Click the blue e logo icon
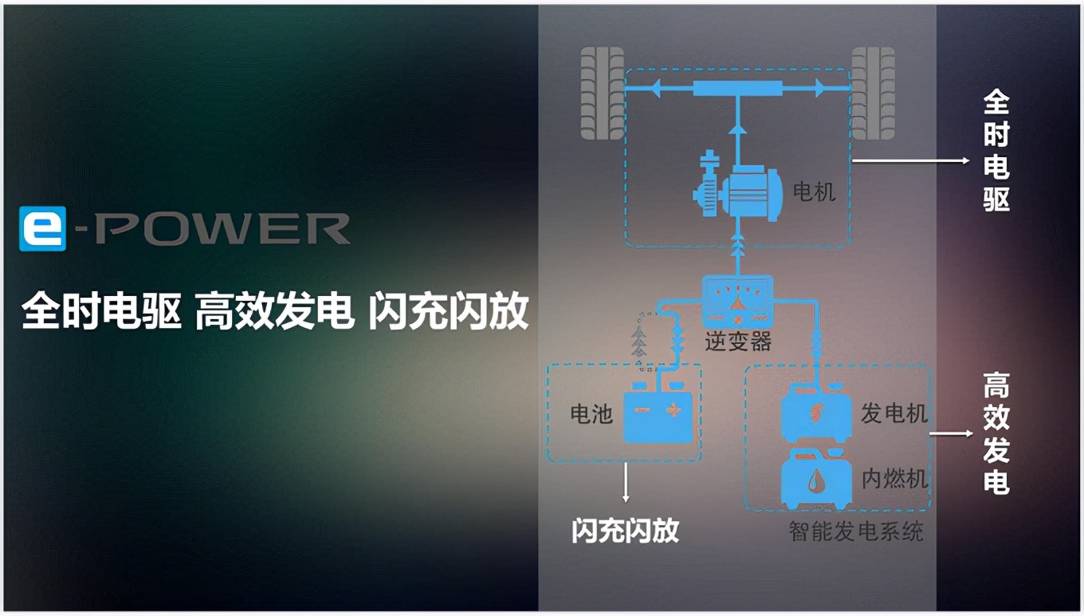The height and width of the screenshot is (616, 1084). click(43, 228)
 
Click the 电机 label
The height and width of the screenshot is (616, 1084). click(815, 192)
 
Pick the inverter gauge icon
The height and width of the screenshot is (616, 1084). click(737, 302)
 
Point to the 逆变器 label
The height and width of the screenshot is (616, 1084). click(737, 342)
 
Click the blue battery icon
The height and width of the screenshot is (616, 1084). click(658, 413)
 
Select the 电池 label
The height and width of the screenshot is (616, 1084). click(591, 413)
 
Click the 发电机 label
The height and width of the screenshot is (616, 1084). click(894, 413)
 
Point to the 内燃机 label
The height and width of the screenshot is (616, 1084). click(894, 479)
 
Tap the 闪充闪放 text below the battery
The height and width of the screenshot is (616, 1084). click(625, 531)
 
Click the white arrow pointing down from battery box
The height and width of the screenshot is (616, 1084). click(626, 482)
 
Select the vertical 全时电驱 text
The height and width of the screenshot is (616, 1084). click(996, 151)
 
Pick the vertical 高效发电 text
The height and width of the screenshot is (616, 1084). click(996, 433)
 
